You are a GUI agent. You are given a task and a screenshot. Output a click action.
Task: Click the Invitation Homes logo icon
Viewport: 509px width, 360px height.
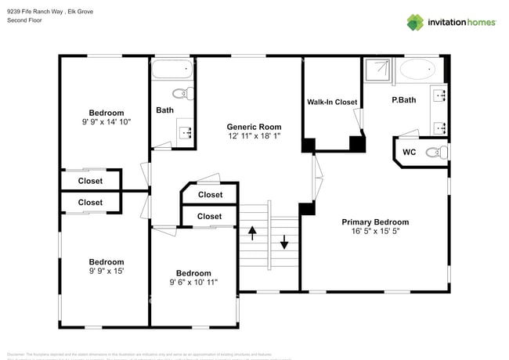[414, 22]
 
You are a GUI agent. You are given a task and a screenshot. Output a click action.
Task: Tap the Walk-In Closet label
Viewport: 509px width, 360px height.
[332, 103]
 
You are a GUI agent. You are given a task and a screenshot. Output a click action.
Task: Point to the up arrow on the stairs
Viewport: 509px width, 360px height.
[253, 232]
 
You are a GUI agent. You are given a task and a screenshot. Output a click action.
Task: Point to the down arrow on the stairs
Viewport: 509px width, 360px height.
[283, 243]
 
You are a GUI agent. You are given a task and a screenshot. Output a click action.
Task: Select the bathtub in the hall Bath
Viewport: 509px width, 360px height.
[171, 70]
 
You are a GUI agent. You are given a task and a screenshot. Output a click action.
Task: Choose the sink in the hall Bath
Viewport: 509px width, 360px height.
[186, 132]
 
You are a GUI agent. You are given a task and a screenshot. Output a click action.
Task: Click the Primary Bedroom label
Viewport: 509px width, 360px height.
[375, 222]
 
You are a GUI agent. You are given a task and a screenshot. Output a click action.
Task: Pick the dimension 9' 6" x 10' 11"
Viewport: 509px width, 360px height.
[193, 283]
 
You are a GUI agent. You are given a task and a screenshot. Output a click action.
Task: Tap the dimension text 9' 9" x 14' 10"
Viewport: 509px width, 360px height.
[106, 122]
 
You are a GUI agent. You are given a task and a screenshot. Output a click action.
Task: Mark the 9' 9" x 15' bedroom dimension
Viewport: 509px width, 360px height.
[106, 272]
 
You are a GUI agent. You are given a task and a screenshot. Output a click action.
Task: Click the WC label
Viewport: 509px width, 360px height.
[409, 152]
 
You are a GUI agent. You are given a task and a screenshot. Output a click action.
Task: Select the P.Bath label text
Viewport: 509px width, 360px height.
[403, 101]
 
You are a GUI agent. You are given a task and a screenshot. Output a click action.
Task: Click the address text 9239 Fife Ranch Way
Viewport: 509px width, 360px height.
[45, 11]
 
